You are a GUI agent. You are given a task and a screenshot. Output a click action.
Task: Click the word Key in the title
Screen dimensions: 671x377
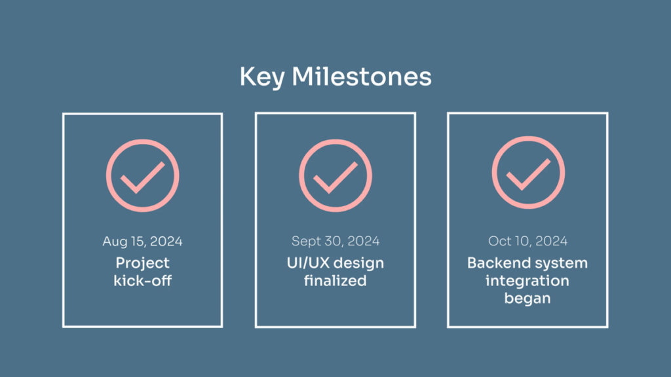(262, 78)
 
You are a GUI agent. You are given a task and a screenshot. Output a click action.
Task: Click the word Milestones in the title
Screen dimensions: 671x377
(362, 77)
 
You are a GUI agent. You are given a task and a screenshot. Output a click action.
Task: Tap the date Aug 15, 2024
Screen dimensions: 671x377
(142, 242)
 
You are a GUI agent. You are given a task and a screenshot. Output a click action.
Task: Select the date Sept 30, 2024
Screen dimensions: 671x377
(335, 242)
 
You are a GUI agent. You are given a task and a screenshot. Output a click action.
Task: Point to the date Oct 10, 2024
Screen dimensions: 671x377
(527, 241)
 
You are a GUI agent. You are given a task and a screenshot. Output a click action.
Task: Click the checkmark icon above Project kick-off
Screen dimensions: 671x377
(142, 175)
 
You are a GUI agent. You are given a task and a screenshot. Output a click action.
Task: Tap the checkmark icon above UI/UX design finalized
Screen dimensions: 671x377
(335, 175)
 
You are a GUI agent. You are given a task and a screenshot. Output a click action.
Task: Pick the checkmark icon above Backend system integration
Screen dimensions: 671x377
(528, 173)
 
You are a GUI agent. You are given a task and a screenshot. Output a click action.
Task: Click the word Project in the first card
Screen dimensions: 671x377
(142, 264)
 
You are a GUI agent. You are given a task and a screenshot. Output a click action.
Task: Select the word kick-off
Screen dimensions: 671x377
(142, 281)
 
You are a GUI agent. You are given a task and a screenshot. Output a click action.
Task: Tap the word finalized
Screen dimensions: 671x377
(335, 281)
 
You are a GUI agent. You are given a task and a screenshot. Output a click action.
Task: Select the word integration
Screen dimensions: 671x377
(527, 281)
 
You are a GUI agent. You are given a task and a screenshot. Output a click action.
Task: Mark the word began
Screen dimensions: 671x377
(527, 298)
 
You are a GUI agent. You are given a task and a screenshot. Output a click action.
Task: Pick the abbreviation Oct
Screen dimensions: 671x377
(499, 241)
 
